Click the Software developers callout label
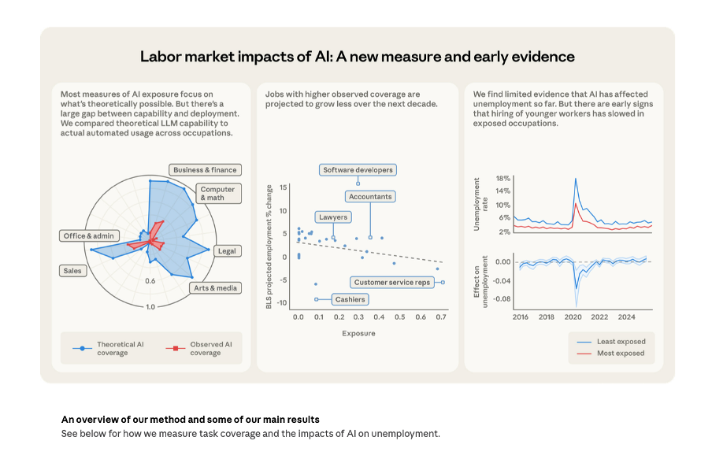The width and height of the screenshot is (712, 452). [358, 170]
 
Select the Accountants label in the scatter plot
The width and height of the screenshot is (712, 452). [370, 196]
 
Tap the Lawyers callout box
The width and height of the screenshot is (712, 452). [333, 217]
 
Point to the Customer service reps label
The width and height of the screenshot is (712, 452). [392, 282]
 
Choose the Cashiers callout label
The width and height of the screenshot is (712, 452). [349, 299]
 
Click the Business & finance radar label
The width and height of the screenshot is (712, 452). [205, 169]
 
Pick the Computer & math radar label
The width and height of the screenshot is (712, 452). [217, 193]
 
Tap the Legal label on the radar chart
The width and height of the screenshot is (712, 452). [227, 251]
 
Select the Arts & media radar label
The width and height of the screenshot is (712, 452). [215, 288]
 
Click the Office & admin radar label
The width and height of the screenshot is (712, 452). [89, 235]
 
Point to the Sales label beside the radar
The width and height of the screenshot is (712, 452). [72, 271]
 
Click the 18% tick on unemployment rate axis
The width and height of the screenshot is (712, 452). [503, 179]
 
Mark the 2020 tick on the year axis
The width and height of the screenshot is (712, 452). [573, 317]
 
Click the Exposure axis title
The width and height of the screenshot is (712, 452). [358, 333]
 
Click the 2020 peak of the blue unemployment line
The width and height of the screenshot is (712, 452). [576, 180]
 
